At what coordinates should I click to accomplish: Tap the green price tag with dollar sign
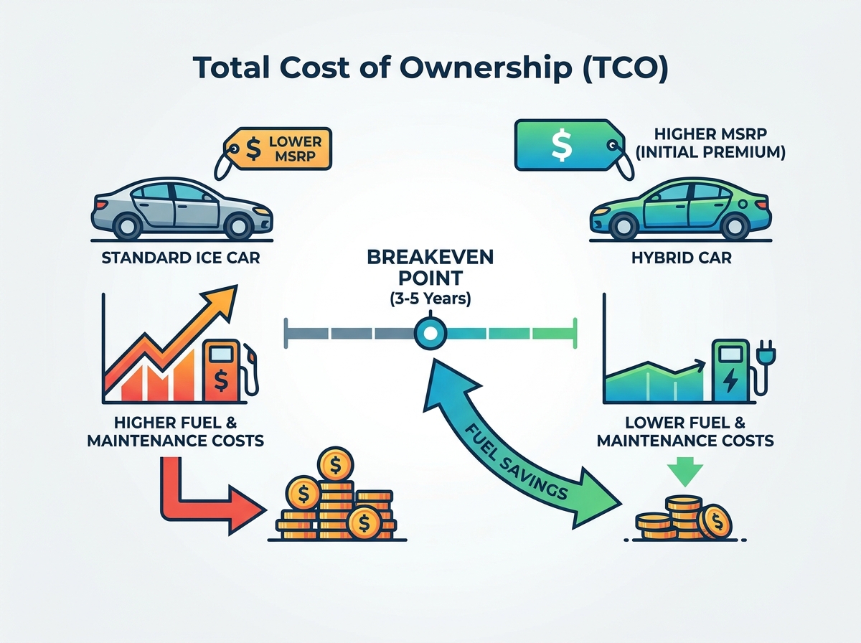pyautogui.click(x=568, y=145)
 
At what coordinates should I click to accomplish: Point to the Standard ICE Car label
pyautogui.click(x=181, y=258)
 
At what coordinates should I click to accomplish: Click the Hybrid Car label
pyautogui.click(x=682, y=258)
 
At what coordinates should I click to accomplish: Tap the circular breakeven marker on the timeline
pyautogui.click(x=430, y=334)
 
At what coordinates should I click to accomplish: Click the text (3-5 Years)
pyautogui.click(x=430, y=299)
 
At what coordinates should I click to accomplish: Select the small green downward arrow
pyautogui.click(x=685, y=471)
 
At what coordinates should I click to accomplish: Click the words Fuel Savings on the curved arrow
pyautogui.click(x=516, y=462)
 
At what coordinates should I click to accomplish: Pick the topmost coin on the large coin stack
pyautogui.click(x=335, y=465)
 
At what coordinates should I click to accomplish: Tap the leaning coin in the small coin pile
pyautogui.click(x=715, y=522)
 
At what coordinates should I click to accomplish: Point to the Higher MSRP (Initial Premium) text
pyautogui.click(x=710, y=144)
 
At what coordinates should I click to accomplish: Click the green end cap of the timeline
pyautogui.click(x=575, y=334)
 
